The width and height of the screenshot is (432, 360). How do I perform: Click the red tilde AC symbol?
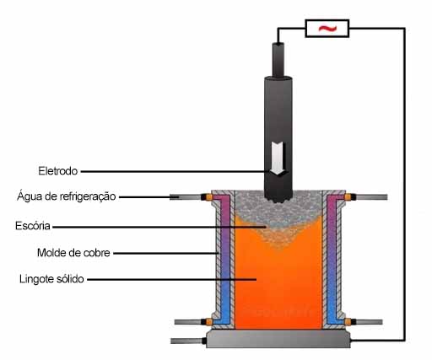click(327, 28)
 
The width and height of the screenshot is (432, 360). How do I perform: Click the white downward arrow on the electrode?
click(278, 158)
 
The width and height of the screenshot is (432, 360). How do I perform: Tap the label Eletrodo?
click(58, 171)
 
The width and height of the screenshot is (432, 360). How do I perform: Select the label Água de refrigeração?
click(67, 196)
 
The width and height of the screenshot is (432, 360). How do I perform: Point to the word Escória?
click(33, 226)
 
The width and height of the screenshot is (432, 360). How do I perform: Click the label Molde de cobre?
click(73, 253)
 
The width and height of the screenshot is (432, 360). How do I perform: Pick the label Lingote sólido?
click(51, 279)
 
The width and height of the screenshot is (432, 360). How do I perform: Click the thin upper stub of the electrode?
click(278, 60)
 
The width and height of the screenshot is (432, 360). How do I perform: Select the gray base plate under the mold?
click(278, 339)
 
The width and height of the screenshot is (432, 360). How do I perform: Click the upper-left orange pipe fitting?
click(209, 197)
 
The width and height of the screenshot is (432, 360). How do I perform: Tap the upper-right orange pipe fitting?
click(348, 197)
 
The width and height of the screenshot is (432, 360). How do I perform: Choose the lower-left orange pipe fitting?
click(209, 322)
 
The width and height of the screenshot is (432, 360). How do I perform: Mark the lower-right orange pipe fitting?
click(348, 322)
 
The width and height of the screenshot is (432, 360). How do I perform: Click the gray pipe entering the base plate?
click(187, 341)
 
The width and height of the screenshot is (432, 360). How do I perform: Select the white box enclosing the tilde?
click(327, 28)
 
